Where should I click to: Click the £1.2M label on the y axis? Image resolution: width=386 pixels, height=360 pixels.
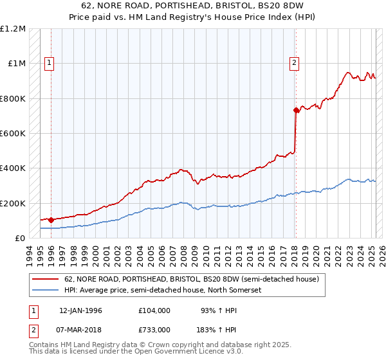coord(13,29)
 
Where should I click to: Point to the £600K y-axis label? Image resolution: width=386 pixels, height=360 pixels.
coord(14,134)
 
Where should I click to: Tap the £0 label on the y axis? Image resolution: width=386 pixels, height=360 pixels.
coord(20,239)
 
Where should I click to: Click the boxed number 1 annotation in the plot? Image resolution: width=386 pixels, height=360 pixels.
coord(50,63)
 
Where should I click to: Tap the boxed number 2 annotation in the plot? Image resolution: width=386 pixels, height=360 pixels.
coord(294,63)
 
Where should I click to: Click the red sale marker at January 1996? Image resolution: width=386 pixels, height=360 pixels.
coord(51,220)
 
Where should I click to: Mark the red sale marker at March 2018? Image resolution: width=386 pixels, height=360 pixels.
coord(296,110)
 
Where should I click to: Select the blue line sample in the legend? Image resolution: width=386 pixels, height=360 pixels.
coord(46,290)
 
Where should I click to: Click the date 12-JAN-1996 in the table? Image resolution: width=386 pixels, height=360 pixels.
coord(80,310)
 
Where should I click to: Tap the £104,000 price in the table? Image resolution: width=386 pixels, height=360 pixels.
coord(154,310)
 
